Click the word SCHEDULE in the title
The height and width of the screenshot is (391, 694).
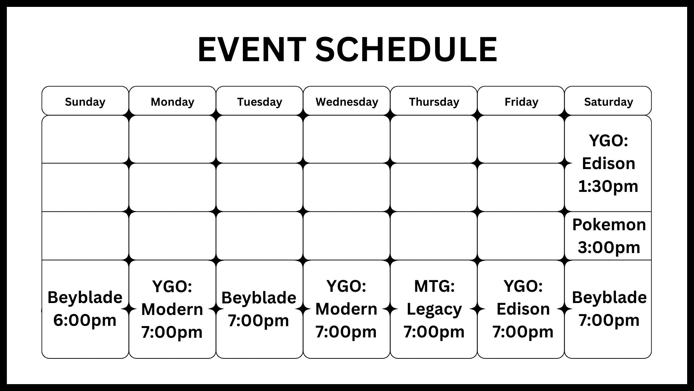(406, 49)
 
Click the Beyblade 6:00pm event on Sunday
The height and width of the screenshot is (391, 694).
(85, 309)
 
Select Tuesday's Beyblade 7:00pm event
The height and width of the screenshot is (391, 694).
(259, 309)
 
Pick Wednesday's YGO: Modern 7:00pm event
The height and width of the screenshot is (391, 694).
(346, 309)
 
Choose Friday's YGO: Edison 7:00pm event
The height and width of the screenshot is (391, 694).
(523, 309)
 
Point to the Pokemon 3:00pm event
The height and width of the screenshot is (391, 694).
(609, 236)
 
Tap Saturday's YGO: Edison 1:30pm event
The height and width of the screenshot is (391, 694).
(608, 163)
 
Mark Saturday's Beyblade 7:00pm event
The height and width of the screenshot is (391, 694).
(609, 309)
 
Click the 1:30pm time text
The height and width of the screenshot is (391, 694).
(608, 186)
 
